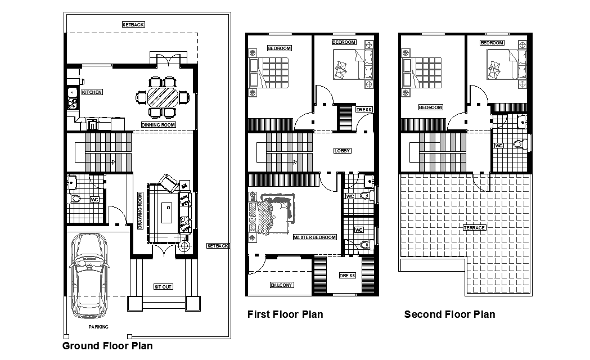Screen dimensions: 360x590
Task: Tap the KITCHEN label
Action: pyautogui.click(x=92, y=92)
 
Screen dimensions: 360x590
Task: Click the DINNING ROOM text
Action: pyautogui.click(x=159, y=124)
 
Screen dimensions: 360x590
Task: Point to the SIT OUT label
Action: pyautogui.click(x=163, y=286)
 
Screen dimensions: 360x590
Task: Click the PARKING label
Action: pyautogui.click(x=98, y=327)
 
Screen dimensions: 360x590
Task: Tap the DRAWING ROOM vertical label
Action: pyautogui.click(x=140, y=211)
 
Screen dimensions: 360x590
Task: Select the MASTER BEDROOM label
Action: pyautogui.click(x=315, y=237)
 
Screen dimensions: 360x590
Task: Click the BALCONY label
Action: pyautogui.click(x=281, y=285)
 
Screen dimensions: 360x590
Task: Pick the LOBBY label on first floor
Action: pyautogui.click(x=342, y=151)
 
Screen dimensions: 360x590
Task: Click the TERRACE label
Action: pyautogui.click(x=475, y=227)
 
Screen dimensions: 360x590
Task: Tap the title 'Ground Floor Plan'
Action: pyautogui.click(x=107, y=345)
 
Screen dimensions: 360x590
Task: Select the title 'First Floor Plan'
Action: pyautogui.click(x=285, y=314)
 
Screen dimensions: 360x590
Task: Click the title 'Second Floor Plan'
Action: pyautogui.click(x=449, y=314)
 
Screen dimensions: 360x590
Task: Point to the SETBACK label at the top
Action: pyautogui.click(x=134, y=25)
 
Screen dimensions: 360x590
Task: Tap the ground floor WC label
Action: pyautogui.click(x=94, y=199)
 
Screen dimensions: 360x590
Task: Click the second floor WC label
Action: pyautogui.click(x=498, y=146)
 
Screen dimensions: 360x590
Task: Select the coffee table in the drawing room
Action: pyautogui.click(x=167, y=214)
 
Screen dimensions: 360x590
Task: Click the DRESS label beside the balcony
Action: pyautogui.click(x=348, y=276)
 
